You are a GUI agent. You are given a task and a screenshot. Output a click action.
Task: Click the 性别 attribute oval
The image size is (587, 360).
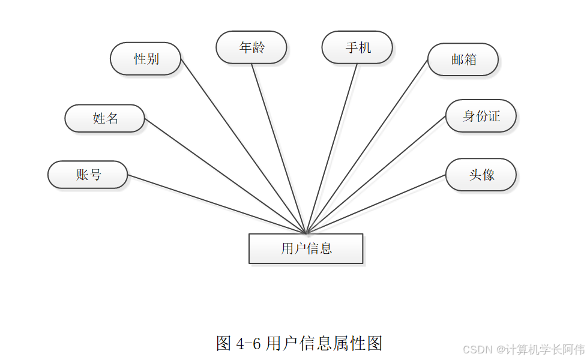tap(146, 59)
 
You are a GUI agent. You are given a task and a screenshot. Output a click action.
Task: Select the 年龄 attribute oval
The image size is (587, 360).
tap(251, 47)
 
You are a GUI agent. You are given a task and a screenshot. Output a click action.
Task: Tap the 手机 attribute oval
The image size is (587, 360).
tap(357, 47)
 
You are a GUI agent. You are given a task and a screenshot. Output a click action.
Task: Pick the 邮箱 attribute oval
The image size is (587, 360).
tap(463, 59)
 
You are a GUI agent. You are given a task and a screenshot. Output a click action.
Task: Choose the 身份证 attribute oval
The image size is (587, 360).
tap(481, 116)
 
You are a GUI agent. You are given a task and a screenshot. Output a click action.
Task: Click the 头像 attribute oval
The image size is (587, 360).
tap(481, 175)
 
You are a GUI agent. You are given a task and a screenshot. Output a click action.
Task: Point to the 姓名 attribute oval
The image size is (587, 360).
tap(105, 118)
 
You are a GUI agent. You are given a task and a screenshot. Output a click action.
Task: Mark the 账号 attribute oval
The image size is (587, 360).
tap(88, 175)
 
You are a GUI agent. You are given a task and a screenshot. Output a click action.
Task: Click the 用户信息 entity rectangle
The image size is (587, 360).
tap(306, 248)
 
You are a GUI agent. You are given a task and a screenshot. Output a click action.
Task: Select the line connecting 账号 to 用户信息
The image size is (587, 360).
tap(216, 204)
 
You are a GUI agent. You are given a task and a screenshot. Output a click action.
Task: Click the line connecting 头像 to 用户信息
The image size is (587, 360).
tap(376, 204)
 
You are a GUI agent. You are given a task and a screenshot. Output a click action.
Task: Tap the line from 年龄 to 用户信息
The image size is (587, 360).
tap(279, 148)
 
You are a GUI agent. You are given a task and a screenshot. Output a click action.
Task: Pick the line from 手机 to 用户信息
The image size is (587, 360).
tap(332, 148)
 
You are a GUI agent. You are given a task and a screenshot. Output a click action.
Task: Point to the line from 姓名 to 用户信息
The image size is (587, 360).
tap(225, 175)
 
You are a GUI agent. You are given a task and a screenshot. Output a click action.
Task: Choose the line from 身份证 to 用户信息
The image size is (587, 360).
tap(376, 174)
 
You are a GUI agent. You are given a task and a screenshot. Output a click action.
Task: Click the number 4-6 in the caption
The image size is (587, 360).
tap(248, 344)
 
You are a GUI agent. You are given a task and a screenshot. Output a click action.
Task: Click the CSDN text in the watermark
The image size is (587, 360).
tap(478, 349)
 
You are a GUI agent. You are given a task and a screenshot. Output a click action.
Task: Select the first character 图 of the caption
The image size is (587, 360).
tap(223, 344)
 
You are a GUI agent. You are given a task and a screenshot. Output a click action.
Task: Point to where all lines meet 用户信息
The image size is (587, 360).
tap(306, 233)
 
